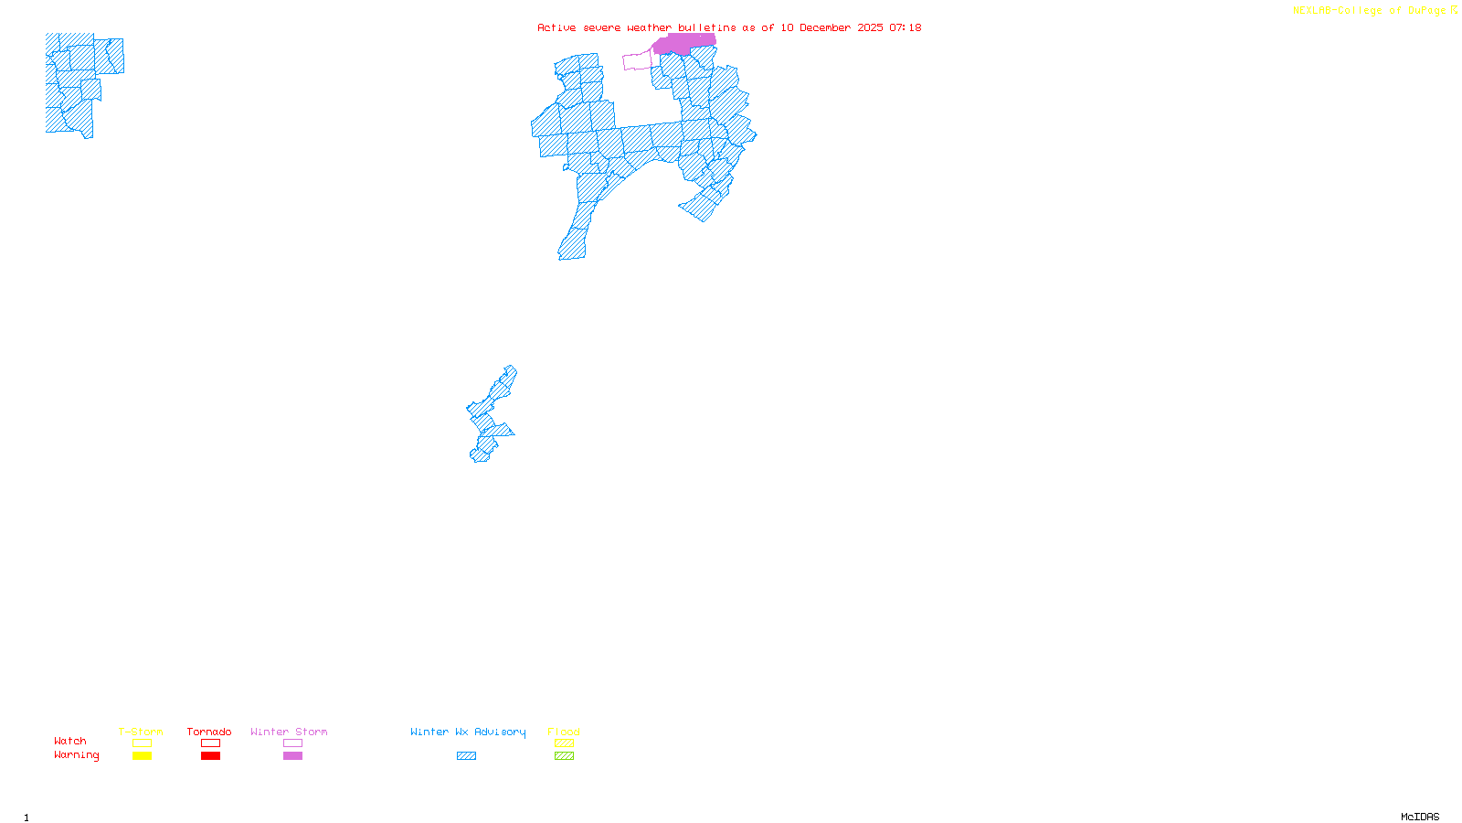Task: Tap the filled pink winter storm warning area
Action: [683, 44]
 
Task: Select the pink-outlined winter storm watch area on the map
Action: [637, 61]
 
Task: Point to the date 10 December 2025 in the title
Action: [832, 27]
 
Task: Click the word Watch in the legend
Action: [70, 741]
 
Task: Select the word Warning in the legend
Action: [76, 755]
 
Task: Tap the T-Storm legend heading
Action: [141, 732]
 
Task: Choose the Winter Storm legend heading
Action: [289, 732]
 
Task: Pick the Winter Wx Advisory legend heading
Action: [468, 732]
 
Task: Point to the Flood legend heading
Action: [564, 732]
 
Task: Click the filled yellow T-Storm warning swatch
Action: [142, 756]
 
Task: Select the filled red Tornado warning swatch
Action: [211, 756]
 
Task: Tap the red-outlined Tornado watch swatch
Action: [211, 743]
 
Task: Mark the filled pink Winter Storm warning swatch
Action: [292, 756]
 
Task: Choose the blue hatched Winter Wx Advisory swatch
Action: [466, 756]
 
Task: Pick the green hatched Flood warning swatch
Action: [564, 756]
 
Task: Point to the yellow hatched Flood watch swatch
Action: [564, 743]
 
